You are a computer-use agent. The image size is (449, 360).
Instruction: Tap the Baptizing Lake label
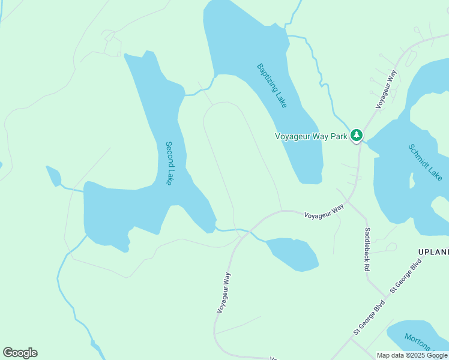272,85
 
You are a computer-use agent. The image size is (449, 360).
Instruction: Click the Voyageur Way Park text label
311,136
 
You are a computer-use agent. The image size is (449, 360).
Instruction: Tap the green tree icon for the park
357,136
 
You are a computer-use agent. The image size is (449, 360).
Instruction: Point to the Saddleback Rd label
367,249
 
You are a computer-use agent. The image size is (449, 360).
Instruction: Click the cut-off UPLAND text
433,252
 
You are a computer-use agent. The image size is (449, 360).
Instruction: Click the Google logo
20,353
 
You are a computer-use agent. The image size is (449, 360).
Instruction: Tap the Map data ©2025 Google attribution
412,355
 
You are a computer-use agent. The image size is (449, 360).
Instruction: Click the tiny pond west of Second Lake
53,176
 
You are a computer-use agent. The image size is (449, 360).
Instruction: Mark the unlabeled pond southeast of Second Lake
292,254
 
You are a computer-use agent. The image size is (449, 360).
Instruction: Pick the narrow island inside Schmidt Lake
412,181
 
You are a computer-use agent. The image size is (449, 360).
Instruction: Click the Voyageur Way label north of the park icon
387,89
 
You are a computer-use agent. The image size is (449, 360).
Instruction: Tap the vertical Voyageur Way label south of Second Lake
223,292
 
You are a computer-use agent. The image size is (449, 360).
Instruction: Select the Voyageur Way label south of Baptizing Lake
324,212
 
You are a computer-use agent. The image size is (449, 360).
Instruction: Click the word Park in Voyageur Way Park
339,136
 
